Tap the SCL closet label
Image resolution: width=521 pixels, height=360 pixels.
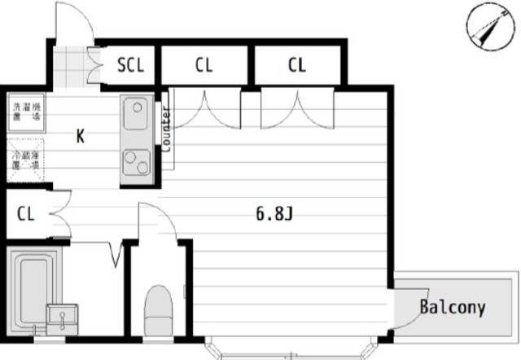tap(129, 65)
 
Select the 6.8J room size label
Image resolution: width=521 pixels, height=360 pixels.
tap(274, 215)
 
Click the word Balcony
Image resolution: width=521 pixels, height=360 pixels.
tap(452, 307)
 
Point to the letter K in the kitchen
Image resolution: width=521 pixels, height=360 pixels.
tap(81, 136)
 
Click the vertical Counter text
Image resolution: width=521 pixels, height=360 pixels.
tap(166, 130)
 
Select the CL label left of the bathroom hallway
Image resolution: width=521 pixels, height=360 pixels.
tap(24, 214)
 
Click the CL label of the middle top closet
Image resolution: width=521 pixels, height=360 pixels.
tap(204, 65)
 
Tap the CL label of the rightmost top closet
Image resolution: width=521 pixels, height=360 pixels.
tap(296, 65)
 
